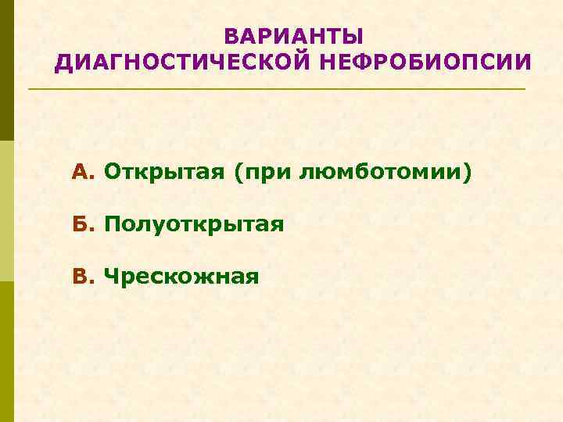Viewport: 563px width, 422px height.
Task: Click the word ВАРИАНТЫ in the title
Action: point(293,37)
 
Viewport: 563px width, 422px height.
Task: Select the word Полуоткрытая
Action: point(194,225)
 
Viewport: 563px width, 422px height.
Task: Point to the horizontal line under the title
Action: point(277,89)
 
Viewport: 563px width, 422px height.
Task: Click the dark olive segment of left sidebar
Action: point(7,70)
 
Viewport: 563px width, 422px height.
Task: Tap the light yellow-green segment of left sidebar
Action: point(7,211)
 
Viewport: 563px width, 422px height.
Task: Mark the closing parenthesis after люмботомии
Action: point(468,171)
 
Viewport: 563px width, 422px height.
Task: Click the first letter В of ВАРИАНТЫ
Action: point(230,37)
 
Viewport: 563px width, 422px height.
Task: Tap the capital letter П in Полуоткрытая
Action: point(112,225)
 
